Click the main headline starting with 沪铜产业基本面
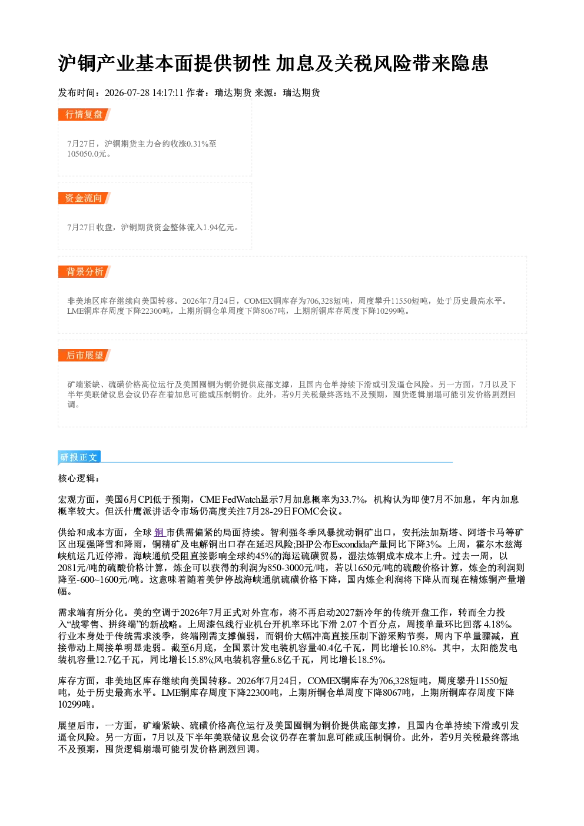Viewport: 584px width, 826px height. point(273,63)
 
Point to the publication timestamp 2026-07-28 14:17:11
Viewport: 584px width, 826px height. point(144,92)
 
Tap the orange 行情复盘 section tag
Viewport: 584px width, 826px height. point(84,114)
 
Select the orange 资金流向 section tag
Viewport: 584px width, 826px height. point(84,198)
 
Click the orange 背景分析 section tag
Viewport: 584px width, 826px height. point(84,272)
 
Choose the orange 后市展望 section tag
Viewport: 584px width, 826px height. point(84,355)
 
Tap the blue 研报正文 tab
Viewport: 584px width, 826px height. point(79,457)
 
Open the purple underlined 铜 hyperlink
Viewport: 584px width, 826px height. point(159,533)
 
